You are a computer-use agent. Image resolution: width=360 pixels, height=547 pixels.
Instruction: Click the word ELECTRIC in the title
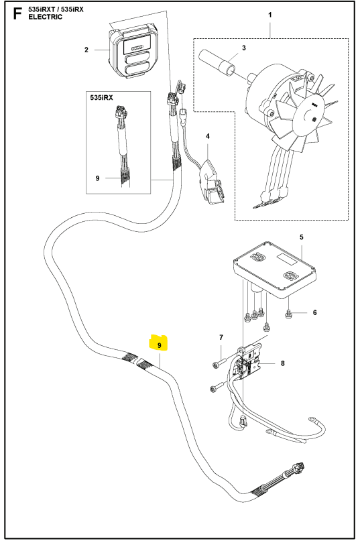click(46, 17)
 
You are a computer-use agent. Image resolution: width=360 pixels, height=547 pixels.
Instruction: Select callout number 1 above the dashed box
click(270, 15)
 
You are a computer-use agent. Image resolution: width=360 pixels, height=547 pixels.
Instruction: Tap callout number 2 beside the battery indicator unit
click(86, 50)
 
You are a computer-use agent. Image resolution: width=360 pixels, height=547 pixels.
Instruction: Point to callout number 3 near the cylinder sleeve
click(244, 48)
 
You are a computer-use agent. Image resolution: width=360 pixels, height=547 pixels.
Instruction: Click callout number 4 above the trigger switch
click(208, 136)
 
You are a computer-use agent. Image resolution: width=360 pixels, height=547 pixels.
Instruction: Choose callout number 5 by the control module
click(302, 237)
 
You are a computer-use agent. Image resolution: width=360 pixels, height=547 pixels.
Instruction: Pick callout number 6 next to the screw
click(314, 312)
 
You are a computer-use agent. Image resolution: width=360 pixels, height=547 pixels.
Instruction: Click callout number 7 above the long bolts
click(221, 337)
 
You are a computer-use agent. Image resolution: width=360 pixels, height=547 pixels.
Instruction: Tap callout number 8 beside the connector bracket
click(282, 363)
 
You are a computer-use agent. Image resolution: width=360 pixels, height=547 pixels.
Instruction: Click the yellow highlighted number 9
click(160, 345)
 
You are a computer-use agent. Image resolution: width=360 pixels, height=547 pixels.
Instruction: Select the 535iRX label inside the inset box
click(101, 98)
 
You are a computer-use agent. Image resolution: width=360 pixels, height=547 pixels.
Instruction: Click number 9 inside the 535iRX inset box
click(97, 178)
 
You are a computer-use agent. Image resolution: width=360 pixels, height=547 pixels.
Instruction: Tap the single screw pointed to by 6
click(288, 314)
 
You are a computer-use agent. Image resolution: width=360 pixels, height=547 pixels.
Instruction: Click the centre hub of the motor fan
click(310, 118)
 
